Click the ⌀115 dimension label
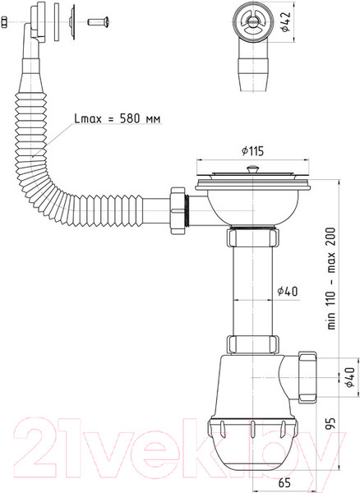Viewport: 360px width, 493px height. [252, 151]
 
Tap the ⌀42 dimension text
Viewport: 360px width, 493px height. [285, 22]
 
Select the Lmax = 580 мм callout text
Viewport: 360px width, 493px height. [118, 118]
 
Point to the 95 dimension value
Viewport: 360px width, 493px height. [330, 423]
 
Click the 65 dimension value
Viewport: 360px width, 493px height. [284, 482]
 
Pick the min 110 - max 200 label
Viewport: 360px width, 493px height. [331, 279]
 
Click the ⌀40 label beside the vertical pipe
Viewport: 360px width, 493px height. [288, 291]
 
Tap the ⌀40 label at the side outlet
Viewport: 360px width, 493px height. [350, 377]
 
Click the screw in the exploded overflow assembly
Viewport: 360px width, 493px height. [98, 22]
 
